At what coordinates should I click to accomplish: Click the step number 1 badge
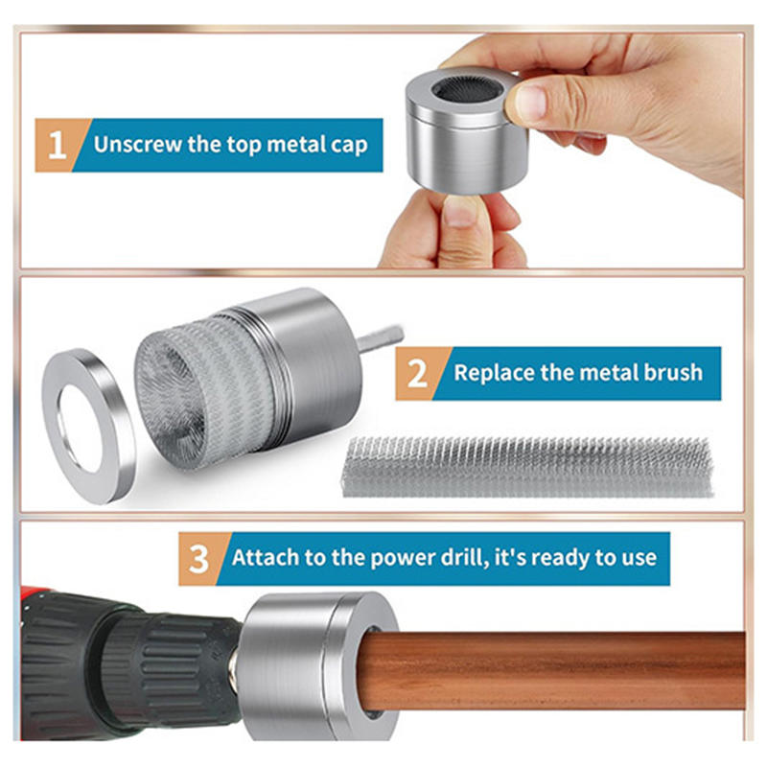pyautogui.click(x=58, y=146)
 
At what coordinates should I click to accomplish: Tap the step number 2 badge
pyautogui.click(x=418, y=374)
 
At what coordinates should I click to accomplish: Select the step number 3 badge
pyautogui.click(x=199, y=559)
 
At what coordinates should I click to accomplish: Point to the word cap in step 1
pyautogui.click(x=349, y=147)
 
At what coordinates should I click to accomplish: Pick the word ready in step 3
pyautogui.click(x=561, y=559)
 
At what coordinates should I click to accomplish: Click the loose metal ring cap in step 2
pyautogui.click(x=89, y=426)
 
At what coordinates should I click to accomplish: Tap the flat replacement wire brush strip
pyautogui.click(x=528, y=467)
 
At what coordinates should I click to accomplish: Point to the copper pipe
pyautogui.click(x=553, y=670)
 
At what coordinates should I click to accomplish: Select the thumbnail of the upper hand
pyautogui.click(x=530, y=104)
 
